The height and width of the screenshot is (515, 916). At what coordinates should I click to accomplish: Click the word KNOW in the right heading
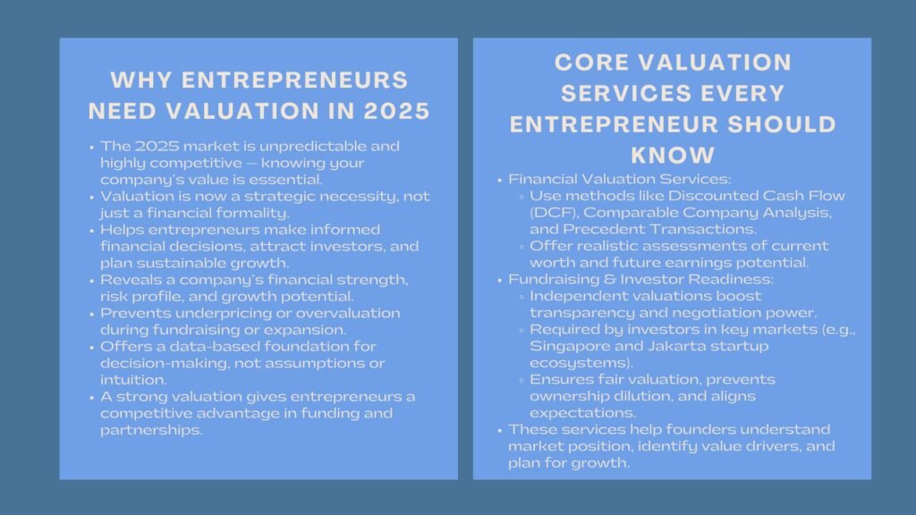click(673, 156)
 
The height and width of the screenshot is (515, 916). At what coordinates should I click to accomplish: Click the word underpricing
click(201, 313)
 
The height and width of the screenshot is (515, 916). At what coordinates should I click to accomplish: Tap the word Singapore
click(565, 345)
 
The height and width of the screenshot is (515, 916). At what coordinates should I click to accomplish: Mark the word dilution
click(636, 395)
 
